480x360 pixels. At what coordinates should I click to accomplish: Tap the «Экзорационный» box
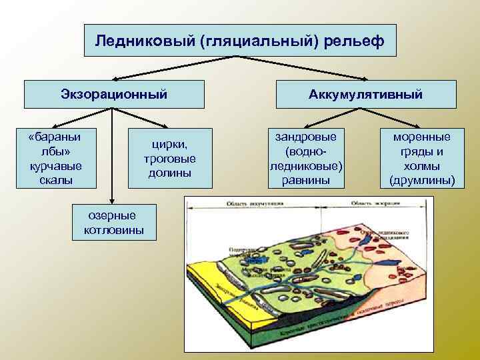tap(113, 94)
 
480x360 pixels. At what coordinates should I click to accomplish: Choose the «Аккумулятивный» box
tap(365, 95)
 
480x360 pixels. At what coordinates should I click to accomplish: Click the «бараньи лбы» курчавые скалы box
tap(56, 158)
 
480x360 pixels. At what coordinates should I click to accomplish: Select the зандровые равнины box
tap(305, 158)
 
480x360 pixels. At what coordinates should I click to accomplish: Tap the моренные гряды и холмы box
tap(421, 158)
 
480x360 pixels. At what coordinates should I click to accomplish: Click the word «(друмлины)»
tap(421, 180)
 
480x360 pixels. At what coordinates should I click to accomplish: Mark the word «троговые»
tap(169, 159)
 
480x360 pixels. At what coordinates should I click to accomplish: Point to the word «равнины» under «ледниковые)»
tap(305, 180)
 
